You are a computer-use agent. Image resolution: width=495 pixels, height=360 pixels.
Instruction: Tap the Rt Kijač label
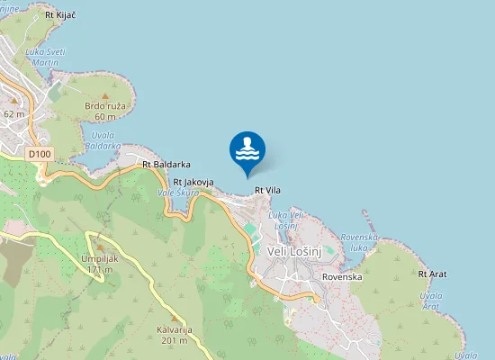click(59, 15)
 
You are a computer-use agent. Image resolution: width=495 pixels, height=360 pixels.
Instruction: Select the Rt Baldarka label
click(166, 165)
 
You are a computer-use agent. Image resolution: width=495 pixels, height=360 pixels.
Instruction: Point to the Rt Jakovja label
click(193, 182)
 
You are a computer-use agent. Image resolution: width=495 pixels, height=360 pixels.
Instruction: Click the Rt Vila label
click(268, 190)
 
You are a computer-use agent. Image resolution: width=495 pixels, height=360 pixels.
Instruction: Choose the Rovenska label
click(342, 276)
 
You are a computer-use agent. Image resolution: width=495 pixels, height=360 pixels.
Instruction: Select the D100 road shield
click(39, 154)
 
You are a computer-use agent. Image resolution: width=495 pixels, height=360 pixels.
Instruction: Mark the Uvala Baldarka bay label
click(102, 139)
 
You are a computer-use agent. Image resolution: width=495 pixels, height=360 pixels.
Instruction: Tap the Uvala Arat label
click(431, 301)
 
